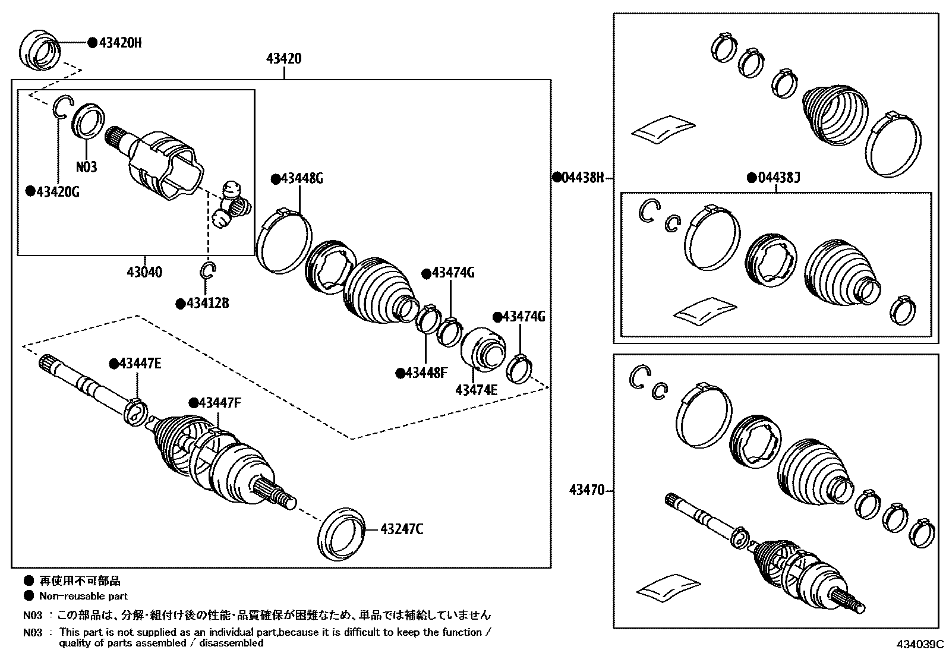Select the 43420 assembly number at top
(283, 59)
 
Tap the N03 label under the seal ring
(86, 167)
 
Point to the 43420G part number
(58, 191)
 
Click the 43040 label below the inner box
(144, 272)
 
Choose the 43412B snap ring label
(207, 303)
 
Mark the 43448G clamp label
(301, 178)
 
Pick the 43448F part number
(426, 373)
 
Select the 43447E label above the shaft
(140, 364)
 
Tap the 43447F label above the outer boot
(219, 403)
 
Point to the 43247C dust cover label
(402, 529)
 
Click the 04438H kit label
(583, 177)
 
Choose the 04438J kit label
(779, 177)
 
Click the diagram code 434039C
(920, 644)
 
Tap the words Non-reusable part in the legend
(83, 595)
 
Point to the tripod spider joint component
(231, 205)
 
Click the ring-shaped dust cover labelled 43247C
(342, 534)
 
